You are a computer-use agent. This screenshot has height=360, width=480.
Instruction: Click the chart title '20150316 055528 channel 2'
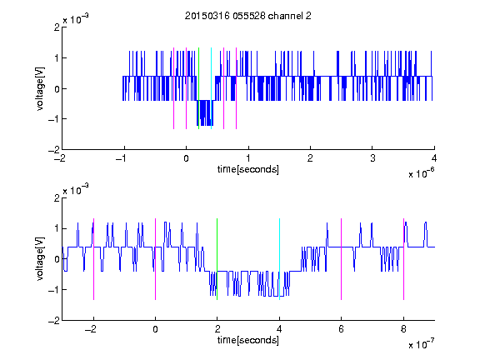coord(248,16)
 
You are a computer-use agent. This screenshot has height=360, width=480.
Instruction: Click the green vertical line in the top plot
coord(199,88)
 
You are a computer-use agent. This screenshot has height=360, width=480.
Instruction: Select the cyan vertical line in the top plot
coord(211,88)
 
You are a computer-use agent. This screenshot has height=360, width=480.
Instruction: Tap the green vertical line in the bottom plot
coord(217,259)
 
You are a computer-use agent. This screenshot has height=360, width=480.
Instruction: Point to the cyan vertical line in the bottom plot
coord(279,259)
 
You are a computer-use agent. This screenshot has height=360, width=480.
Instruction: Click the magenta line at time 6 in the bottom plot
coord(342,259)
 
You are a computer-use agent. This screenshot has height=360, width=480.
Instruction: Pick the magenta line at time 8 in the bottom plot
coord(404,259)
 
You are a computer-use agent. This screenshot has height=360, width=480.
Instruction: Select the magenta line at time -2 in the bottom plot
coord(93,259)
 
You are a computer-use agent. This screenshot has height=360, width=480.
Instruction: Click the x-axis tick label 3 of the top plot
coord(372,158)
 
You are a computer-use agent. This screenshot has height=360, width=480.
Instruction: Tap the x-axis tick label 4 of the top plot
coord(434,158)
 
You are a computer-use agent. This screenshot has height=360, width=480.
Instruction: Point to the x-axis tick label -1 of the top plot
coord(121,158)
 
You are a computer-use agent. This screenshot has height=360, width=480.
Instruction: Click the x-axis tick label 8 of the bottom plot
coord(403,329)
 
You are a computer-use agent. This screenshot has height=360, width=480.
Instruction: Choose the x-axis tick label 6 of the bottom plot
coord(342,329)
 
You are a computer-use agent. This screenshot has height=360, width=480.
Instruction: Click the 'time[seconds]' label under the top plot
coord(248,169)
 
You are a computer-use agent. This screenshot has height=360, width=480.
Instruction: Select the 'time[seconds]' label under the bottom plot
coord(248,340)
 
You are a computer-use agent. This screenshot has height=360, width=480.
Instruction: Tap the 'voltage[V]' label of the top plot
coord(40,88)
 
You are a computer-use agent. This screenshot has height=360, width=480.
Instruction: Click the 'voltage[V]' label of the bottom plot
coord(40,259)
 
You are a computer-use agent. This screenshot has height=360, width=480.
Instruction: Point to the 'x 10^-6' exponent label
coord(421,173)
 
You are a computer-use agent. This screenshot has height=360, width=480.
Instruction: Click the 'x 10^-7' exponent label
coord(421,343)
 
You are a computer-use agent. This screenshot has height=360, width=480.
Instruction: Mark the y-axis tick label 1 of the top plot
coord(57,57)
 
